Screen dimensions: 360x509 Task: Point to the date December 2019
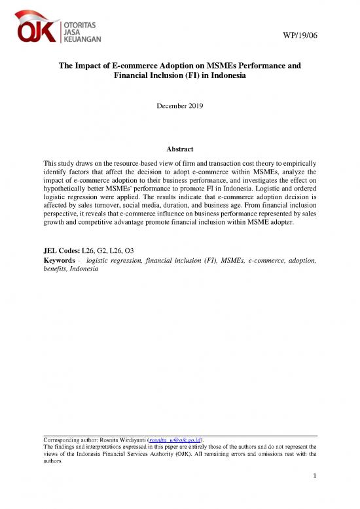(x=180, y=105)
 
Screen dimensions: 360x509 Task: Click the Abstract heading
(x=179, y=149)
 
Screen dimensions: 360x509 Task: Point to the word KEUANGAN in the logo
(x=82, y=39)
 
